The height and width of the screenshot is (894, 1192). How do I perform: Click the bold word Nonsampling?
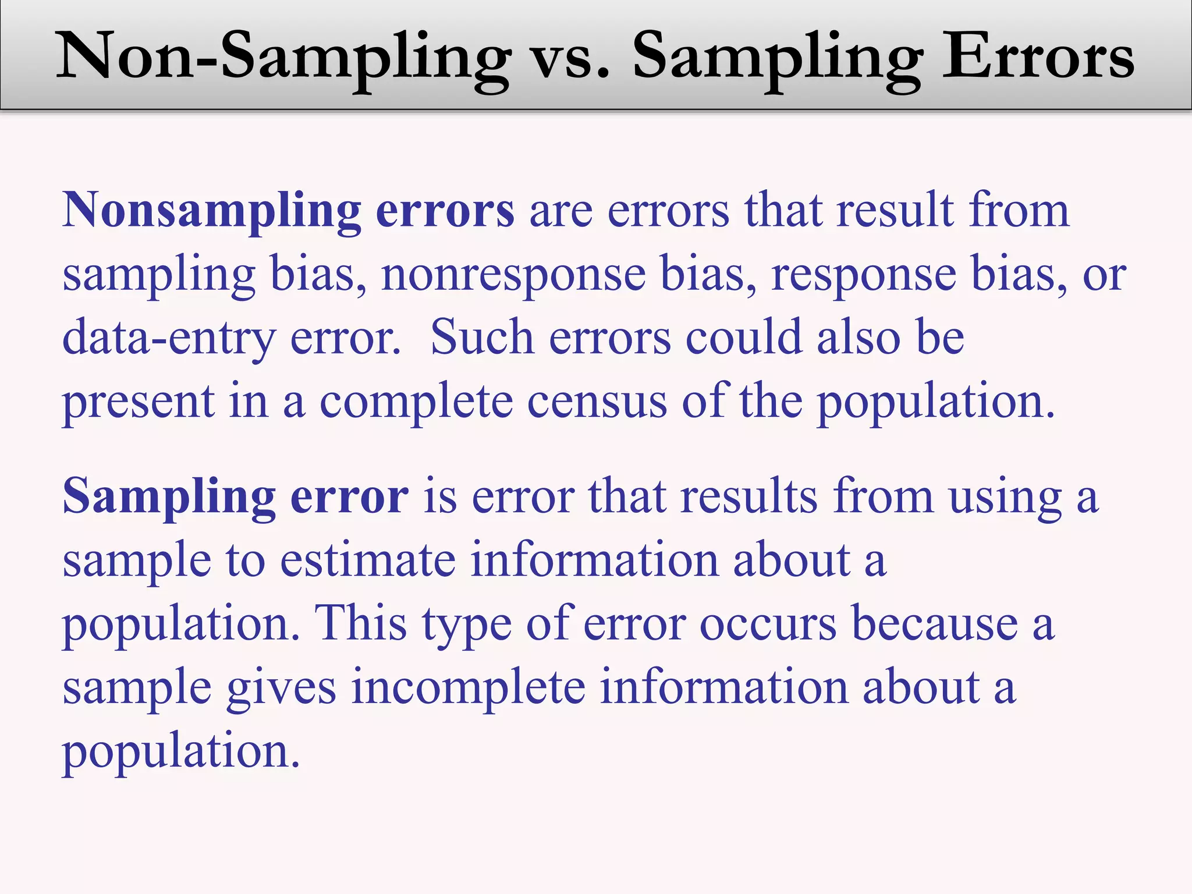(212, 211)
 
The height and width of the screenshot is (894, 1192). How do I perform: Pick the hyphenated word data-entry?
(168, 338)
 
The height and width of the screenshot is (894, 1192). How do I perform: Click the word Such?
(482, 338)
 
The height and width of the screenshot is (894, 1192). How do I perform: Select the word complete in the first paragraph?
(416, 402)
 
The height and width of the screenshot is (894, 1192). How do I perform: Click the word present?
(139, 402)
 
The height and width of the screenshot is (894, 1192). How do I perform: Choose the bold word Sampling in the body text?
(169, 497)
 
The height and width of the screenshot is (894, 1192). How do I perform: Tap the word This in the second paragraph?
(360, 624)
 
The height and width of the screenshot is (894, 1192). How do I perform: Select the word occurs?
(768, 624)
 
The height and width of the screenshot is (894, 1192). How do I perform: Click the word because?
(935, 624)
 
